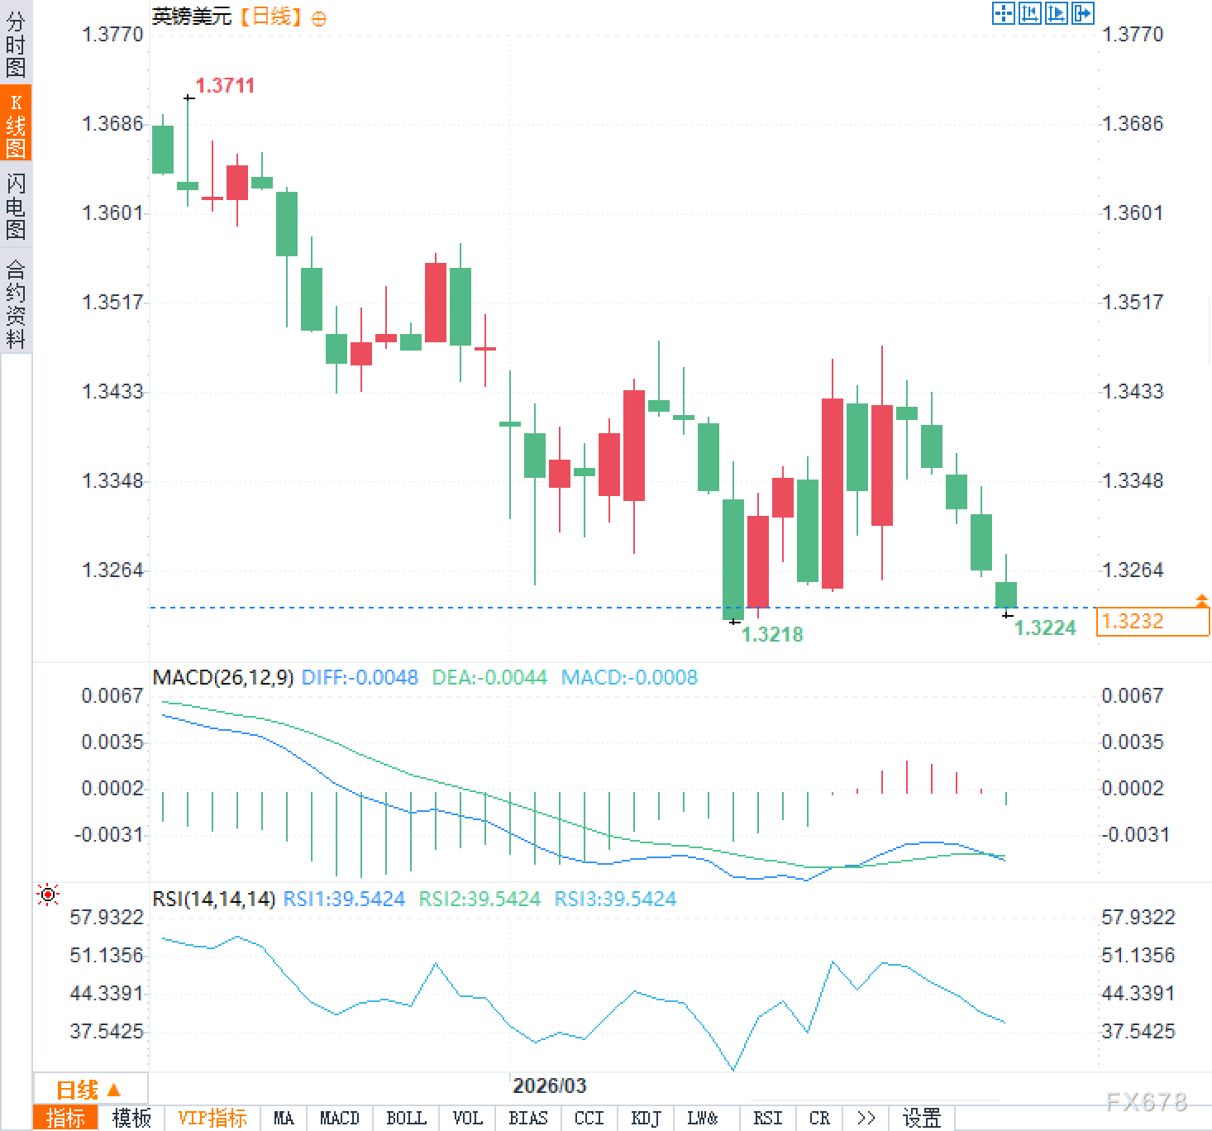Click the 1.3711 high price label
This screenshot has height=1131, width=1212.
tap(225, 86)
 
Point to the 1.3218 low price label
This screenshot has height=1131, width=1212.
tap(772, 635)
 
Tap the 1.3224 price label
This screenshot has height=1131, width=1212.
tap(1045, 628)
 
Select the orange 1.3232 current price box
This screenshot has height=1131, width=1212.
tap(1152, 622)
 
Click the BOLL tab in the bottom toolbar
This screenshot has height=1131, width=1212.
tap(406, 1119)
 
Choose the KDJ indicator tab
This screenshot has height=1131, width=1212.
tap(646, 1119)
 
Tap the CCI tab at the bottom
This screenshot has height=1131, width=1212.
tap(589, 1119)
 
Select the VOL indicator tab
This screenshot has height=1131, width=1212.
tap(467, 1119)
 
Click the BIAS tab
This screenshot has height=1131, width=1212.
tap(528, 1119)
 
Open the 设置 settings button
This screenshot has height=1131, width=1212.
tap(922, 1119)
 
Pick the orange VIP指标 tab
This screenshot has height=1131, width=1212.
tap(212, 1119)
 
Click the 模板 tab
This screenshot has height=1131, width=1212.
tap(131, 1119)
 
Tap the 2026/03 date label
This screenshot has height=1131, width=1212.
tap(549, 1086)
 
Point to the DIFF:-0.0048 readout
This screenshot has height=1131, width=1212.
tap(360, 678)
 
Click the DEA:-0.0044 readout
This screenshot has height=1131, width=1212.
tap(489, 678)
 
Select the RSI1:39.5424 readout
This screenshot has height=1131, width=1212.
tap(344, 900)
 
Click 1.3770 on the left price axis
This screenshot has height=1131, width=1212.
tap(112, 35)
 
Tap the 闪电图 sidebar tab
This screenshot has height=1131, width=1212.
tap(16, 205)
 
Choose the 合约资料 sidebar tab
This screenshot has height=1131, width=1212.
tap(16, 303)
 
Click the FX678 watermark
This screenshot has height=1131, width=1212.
tap(1146, 1101)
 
